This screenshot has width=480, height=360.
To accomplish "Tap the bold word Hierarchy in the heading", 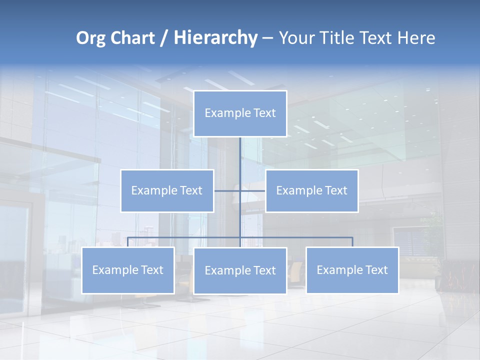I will point(215,38).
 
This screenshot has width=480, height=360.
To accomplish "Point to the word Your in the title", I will point(297,38).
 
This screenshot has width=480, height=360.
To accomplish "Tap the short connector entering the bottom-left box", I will point(128,242).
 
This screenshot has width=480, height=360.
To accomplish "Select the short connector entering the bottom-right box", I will point(352,242).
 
